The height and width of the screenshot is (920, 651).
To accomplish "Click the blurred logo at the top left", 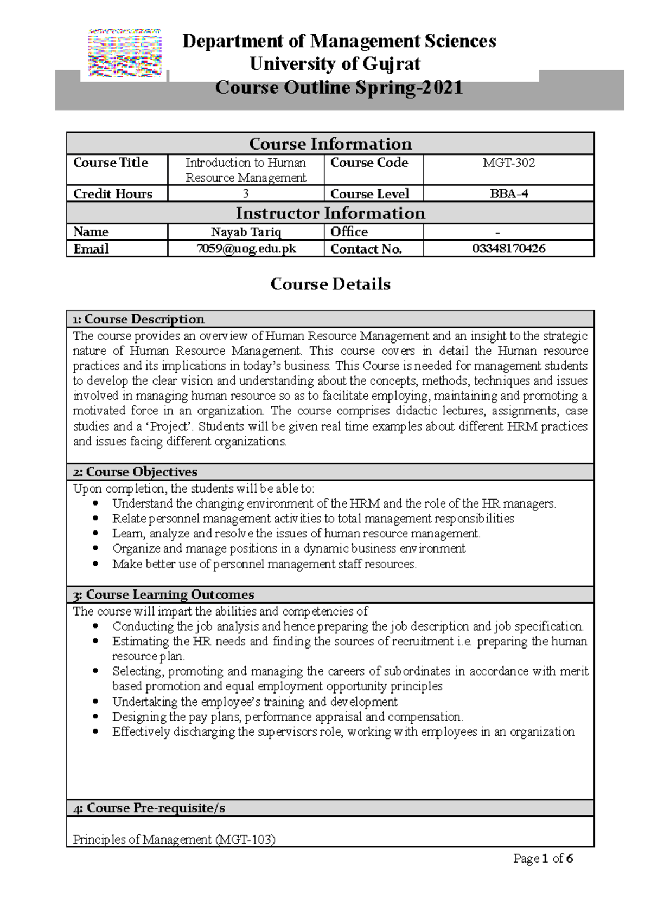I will coord(125,53).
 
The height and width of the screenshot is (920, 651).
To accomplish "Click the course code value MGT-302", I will coord(508,163).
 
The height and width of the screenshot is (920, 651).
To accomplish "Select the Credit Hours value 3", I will coord(246,193).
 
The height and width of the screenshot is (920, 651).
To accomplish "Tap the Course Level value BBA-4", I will coord(508,193).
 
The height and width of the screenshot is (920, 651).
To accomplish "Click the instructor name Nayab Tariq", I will coord(246,232).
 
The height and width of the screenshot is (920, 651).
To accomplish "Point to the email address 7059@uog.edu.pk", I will coord(246,249).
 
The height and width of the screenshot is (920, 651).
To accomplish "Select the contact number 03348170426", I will coord(508,249).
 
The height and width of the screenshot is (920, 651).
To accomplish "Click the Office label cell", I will coord(349,232).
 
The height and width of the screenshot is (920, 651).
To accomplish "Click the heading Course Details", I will coord(330,284).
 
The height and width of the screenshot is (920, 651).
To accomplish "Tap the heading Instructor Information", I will coord(330,213).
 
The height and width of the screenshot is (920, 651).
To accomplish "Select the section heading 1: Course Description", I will coord(139,319).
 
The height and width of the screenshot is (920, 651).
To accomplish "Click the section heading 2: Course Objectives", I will coord(135,472).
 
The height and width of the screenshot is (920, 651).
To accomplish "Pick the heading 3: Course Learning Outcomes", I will coord(163,594).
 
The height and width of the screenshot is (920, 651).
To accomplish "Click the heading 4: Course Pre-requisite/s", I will coord(149,808).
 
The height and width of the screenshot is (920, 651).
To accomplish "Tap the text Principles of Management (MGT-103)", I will coord(174,840).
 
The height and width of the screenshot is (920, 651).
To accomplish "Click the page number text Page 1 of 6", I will coord(543,858).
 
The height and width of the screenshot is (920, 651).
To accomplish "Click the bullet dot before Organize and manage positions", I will coord(96,549).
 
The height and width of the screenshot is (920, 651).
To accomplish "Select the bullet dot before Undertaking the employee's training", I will coord(96,702).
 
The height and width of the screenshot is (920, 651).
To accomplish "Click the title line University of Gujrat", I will coord(335,64).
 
